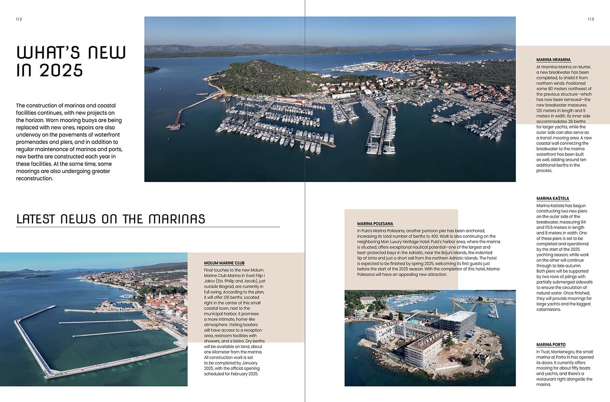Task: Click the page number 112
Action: (x=19, y=19)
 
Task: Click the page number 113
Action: (x=590, y=19)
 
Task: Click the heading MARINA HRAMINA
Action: (x=554, y=60)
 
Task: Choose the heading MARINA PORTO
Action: (x=551, y=345)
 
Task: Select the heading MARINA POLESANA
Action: (x=375, y=224)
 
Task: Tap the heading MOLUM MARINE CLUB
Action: (x=224, y=263)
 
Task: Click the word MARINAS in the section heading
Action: (x=177, y=219)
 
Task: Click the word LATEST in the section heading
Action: (x=36, y=219)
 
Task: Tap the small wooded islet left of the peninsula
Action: (x=152, y=69)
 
